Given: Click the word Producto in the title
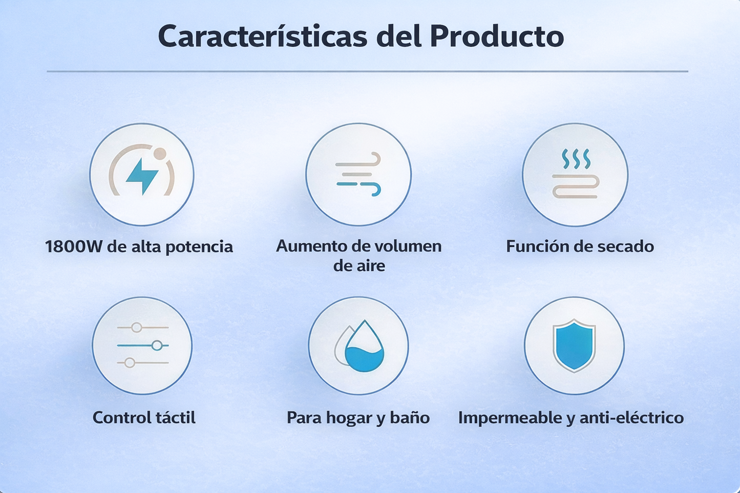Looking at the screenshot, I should [x=497, y=36].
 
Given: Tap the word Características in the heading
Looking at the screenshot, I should [x=262, y=36].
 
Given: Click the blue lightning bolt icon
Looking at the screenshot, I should [x=142, y=176].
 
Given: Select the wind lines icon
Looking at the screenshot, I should [x=358, y=175].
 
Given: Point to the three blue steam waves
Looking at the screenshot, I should [x=576, y=159].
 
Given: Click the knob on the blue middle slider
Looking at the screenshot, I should [x=157, y=346].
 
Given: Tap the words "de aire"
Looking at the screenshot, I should [x=359, y=266].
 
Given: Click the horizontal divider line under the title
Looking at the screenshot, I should [x=367, y=71].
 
